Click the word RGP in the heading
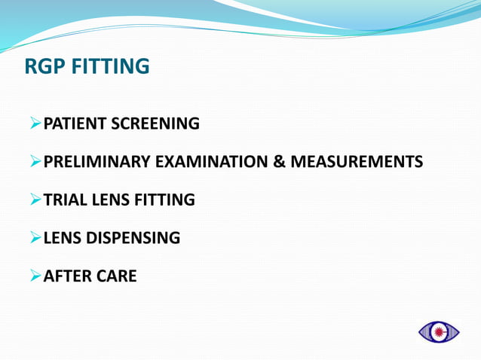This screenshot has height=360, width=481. pyautogui.click(x=44, y=67)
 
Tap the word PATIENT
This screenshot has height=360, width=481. pyautogui.click(x=75, y=124)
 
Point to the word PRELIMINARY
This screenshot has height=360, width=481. pyautogui.click(x=98, y=162)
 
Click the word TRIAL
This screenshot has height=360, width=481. pyautogui.click(x=65, y=200)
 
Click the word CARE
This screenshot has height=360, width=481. pyautogui.click(x=116, y=276)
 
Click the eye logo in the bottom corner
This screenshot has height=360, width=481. pyautogui.click(x=439, y=331)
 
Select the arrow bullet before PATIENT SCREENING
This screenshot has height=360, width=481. pyautogui.click(x=35, y=124)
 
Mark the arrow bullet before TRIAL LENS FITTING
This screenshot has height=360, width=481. pyautogui.click(x=35, y=200)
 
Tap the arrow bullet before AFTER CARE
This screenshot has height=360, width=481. pyautogui.click(x=35, y=276)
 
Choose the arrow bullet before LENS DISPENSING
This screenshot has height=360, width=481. pyautogui.click(x=35, y=239)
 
